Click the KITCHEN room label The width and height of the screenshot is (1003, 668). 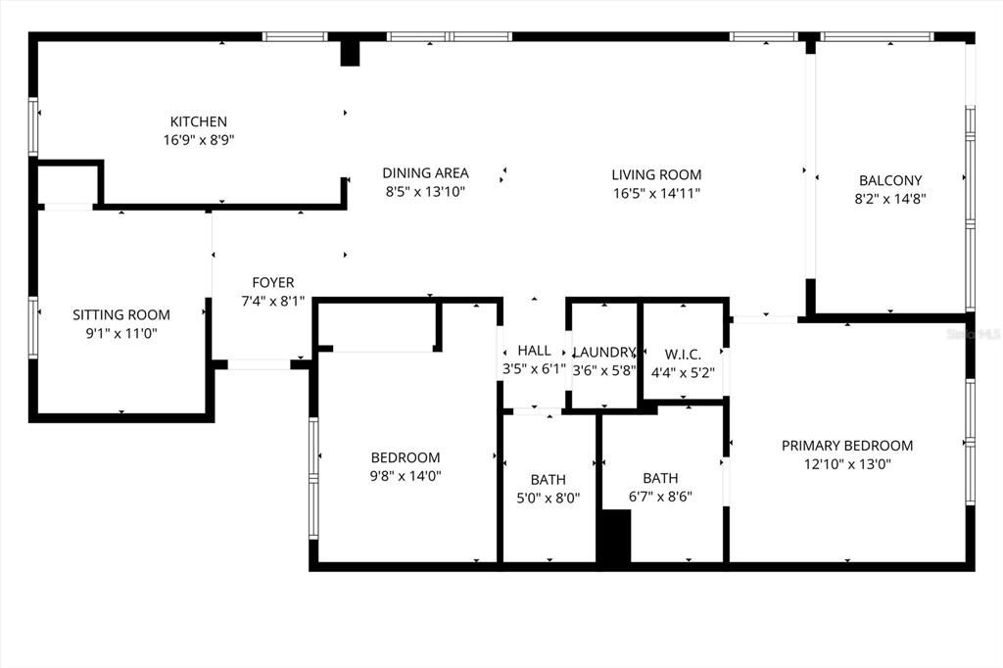point(199,121)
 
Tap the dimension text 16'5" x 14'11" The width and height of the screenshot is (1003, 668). point(656,193)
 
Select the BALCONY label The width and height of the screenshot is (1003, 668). point(890,180)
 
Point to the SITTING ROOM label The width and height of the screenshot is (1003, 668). point(121,314)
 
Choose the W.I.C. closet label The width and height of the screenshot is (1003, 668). point(682,353)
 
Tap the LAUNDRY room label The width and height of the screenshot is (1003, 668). point(604,353)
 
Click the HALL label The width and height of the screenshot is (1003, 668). point(534,351)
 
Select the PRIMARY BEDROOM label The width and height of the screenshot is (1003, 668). point(847,446)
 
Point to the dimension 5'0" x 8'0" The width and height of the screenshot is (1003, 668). point(549,498)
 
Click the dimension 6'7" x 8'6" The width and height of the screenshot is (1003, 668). point(660,497)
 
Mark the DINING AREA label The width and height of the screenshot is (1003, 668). point(425,173)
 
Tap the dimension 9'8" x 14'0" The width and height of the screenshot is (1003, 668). point(406,476)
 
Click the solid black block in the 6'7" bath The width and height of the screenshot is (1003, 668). point(614,539)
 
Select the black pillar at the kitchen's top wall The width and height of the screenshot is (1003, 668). point(350,53)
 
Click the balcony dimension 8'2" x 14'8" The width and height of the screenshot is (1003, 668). point(890,198)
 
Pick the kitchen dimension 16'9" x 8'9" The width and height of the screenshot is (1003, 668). point(199,140)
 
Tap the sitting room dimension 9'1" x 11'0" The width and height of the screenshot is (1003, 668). point(121,333)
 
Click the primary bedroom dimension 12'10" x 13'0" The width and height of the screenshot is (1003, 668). point(847,464)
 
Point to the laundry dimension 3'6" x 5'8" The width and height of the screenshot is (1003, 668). point(604,371)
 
